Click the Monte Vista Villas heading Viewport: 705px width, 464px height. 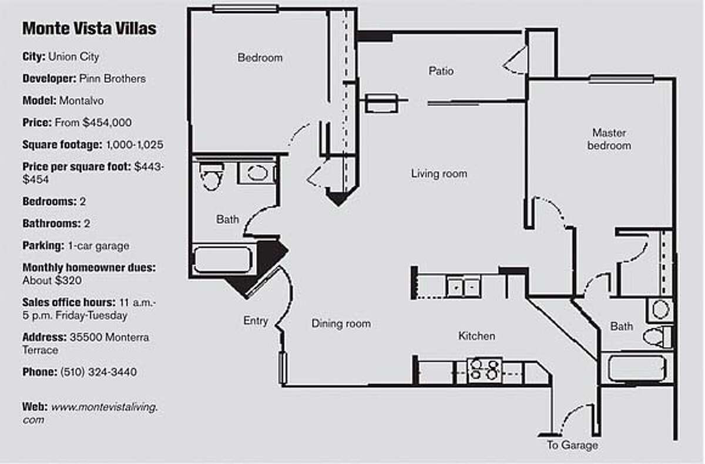pyautogui.click(x=89, y=28)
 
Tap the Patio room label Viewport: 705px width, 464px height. pyautogui.click(x=441, y=71)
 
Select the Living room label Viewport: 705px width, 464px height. pyautogui.click(x=439, y=173)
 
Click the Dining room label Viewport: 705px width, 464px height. pyautogui.click(x=341, y=324)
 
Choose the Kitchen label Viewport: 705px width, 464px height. pyautogui.click(x=476, y=336)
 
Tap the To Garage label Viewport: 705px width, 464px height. pyautogui.click(x=572, y=445)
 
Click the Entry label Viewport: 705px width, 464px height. pyautogui.click(x=256, y=321)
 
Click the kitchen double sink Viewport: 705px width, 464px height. pyautogui.click(x=463, y=287)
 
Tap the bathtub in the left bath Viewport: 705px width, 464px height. pyautogui.click(x=223, y=260)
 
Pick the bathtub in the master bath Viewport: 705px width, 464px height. pyautogui.click(x=636, y=368)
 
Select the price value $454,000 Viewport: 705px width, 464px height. pyautogui.click(x=110, y=123)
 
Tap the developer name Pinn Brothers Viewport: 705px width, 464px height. pyautogui.click(x=117, y=78)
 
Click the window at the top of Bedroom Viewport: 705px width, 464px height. pyautogui.click(x=245, y=8)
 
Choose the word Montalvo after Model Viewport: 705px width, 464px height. pyautogui.click(x=81, y=100)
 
